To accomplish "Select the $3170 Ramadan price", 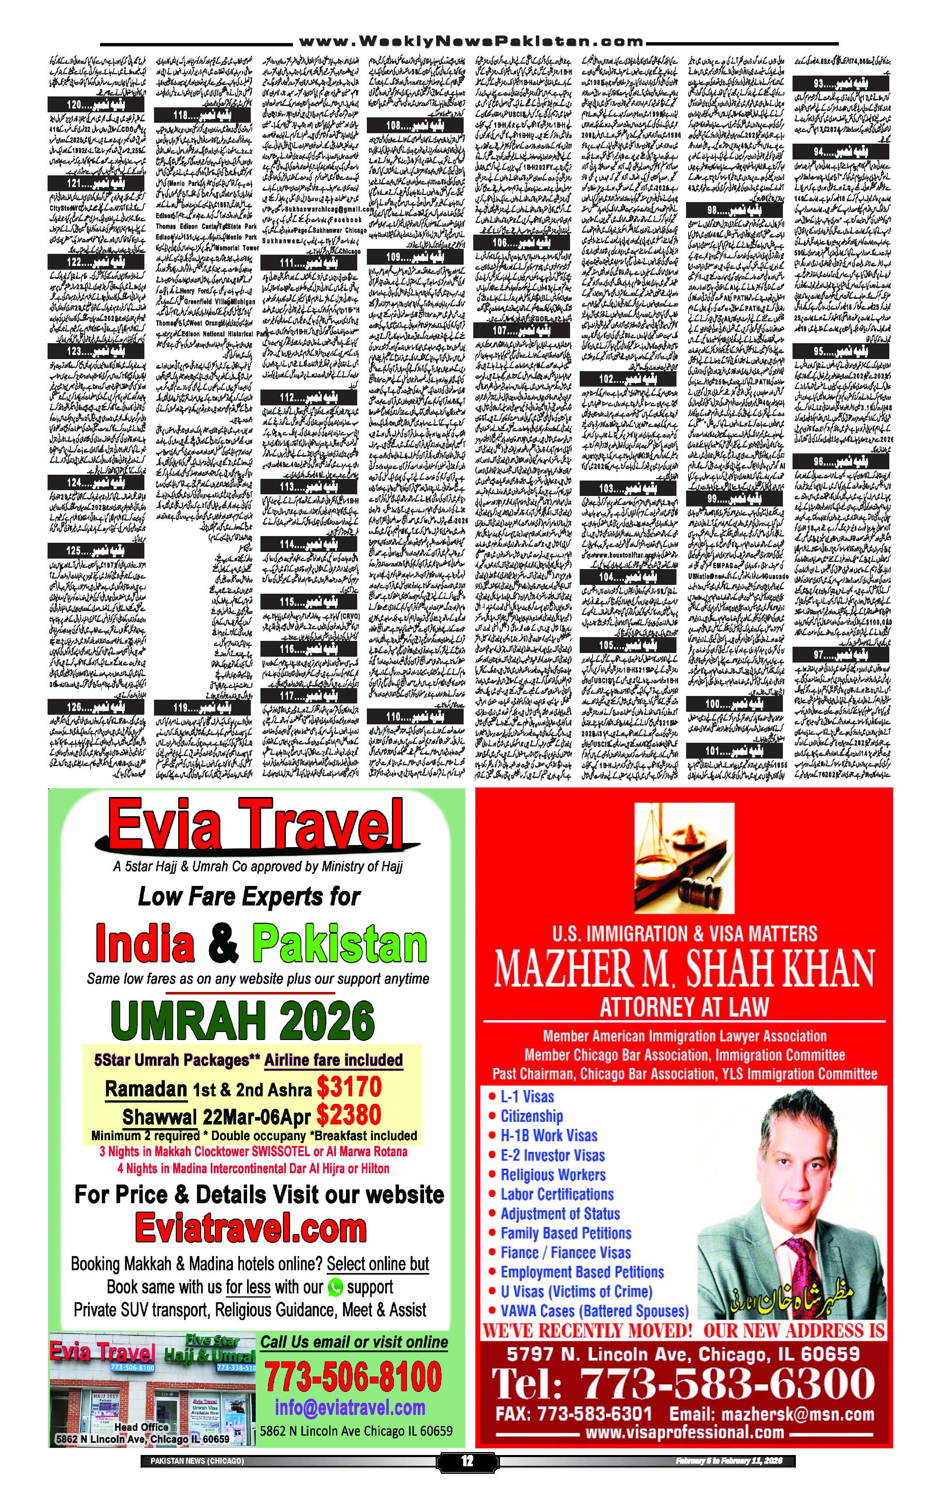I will click(x=348, y=1087).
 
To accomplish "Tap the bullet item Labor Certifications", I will click(x=556, y=1194).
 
